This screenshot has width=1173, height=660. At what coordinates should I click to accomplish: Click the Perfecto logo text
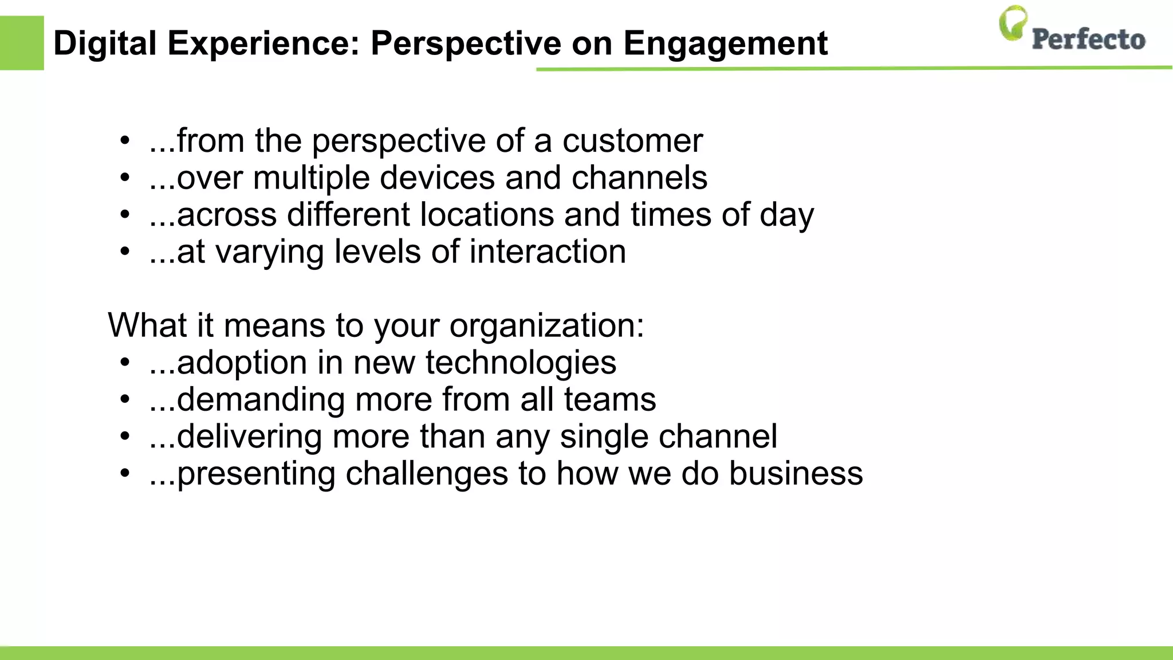tap(1088, 40)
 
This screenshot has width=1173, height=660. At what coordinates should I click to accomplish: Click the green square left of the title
tap(22, 43)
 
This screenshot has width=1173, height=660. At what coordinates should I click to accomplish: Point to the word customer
tap(632, 140)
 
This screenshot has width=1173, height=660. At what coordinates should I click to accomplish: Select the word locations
tap(486, 215)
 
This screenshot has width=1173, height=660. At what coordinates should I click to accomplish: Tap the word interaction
tap(548, 252)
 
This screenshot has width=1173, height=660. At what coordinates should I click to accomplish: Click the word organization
tap(546, 325)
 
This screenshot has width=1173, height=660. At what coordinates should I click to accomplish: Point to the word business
tap(796, 474)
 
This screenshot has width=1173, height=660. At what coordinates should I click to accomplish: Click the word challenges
tap(427, 474)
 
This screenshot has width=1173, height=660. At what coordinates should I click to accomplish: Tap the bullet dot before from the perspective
tap(125, 140)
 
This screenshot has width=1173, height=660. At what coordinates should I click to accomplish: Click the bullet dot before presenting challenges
tap(125, 474)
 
